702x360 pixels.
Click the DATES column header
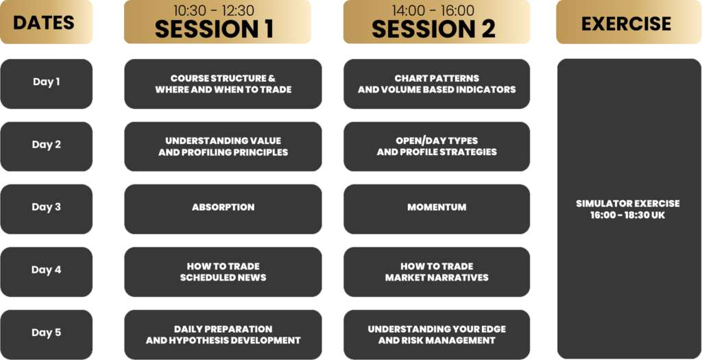pos(46,22)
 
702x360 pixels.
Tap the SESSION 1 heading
pos(214,29)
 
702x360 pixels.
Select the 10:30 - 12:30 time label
pos(214,10)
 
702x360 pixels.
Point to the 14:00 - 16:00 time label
pos(433,10)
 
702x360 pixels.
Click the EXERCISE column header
pos(626,22)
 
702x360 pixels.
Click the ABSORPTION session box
pos(223,209)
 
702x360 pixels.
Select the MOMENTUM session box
pos(437,209)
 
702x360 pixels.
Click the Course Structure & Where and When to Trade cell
pos(223,84)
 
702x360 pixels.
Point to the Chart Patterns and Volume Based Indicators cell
pos(437,84)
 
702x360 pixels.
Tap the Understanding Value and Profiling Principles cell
pos(223,147)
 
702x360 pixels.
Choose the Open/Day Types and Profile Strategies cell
pos(437,147)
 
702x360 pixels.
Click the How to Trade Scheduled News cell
pos(223,272)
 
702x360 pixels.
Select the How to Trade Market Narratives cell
pos(437,272)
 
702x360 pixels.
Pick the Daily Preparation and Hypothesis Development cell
pos(223,335)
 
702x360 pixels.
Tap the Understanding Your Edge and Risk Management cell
pos(437,335)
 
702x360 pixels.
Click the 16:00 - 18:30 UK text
pos(627,215)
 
